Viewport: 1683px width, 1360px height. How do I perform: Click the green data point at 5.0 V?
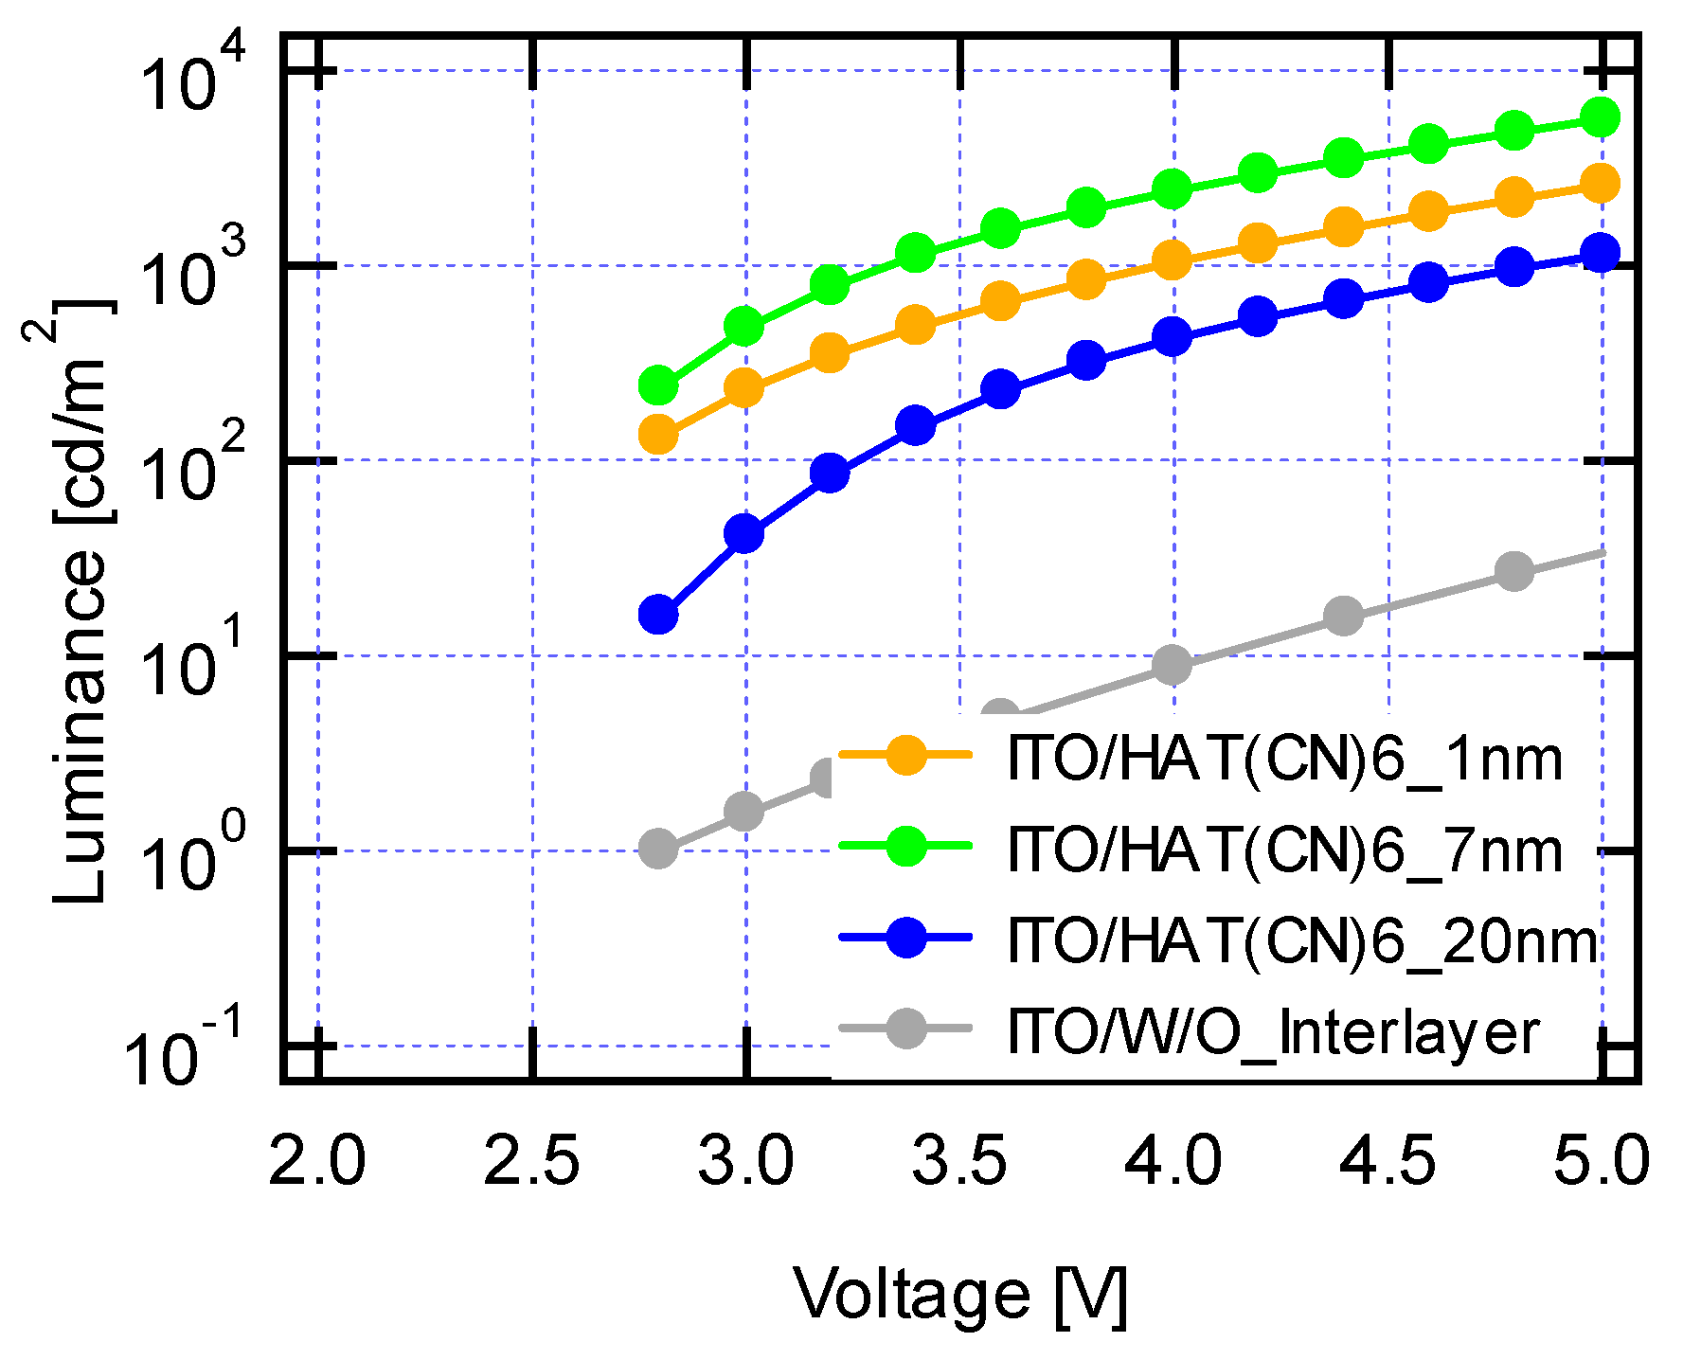pos(1601,117)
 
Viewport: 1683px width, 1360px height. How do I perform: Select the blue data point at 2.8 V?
pos(658,615)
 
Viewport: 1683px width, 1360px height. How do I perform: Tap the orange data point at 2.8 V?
pos(658,435)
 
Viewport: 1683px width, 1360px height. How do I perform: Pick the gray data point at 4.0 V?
pos(1173,665)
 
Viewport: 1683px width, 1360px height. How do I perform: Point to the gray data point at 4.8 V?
pos(1514,571)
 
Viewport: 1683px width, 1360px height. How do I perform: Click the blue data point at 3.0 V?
pos(743,534)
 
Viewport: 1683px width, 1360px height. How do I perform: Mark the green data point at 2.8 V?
pos(658,385)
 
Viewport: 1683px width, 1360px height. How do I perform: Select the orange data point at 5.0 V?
pos(1601,183)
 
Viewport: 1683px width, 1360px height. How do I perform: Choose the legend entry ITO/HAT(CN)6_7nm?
pos(1283,850)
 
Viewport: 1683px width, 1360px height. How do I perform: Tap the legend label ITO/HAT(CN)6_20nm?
pos(1302,941)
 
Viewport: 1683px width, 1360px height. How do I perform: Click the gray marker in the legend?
pos(906,1029)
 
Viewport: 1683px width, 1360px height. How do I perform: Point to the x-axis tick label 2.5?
pos(531,1161)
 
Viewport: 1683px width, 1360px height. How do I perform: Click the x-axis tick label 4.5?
pos(1388,1161)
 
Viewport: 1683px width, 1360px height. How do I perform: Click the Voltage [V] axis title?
pos(959,1295)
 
